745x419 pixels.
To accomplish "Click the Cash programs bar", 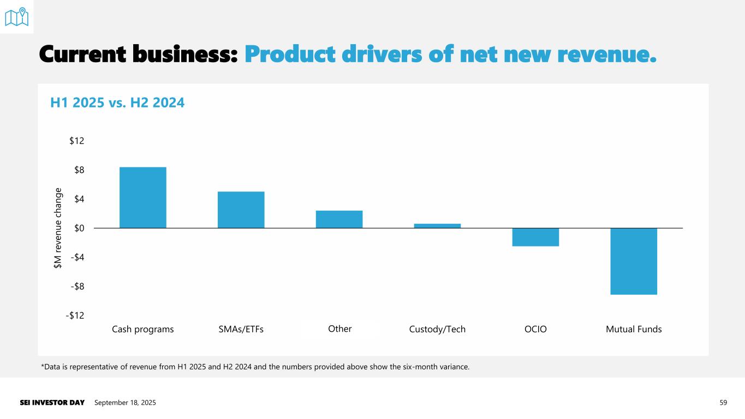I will (x=142, y=197).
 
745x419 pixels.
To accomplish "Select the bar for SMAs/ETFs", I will (x=241, y=209).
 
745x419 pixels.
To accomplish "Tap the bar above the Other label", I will (x=339, y=219).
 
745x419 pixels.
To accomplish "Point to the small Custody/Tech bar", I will (x=437, y=226).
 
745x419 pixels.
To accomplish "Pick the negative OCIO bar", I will (x=535, y=237).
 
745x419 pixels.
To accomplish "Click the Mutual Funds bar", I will (x=634, y=261).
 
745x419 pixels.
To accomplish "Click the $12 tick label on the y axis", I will (x=76, y=141).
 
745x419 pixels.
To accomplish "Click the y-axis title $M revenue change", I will (x=58, y=228).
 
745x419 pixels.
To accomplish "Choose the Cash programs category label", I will (x=142, y=330).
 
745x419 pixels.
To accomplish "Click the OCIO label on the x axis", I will (x=535, y=330).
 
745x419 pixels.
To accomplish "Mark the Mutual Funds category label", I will (x=634, y=330).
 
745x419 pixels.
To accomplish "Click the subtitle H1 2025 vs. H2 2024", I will (x=117, y=102).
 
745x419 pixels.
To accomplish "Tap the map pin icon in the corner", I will (x=16, y=17).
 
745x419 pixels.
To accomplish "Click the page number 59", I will (x=724, y=403).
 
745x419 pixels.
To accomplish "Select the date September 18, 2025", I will (x=125, y=403).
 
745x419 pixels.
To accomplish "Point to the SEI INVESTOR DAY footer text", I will (x=52, y=403).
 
